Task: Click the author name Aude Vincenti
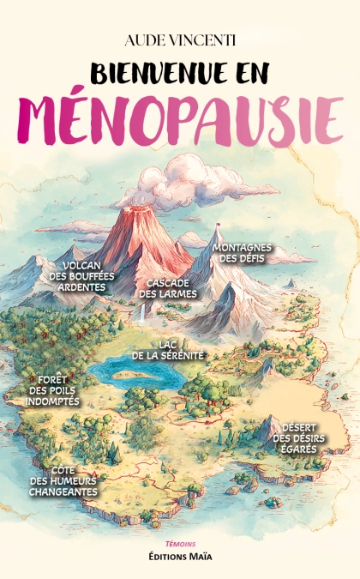(x=180, y=40)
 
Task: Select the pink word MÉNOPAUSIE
(x=180, y=117)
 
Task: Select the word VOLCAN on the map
(x=84, y=265)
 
